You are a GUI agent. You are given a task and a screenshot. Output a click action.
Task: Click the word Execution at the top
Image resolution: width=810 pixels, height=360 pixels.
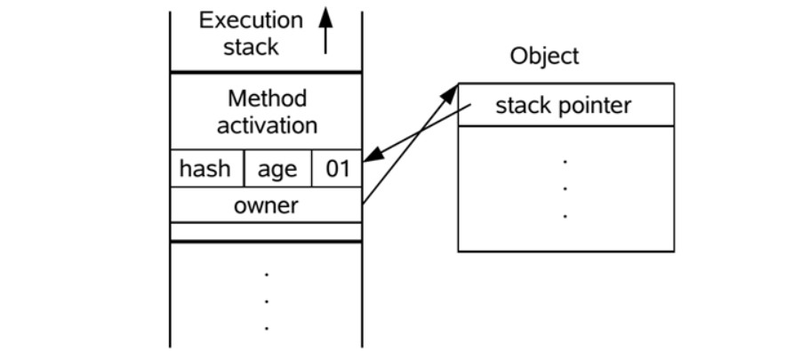coord(251,20)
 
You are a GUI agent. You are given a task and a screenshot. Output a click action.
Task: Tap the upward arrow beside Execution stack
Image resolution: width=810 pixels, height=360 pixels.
coord(325,30)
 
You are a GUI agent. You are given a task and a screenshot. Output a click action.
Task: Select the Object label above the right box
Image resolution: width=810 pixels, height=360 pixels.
coord(544,56)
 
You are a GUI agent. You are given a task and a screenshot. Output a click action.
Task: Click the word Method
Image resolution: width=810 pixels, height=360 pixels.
coord(267,98)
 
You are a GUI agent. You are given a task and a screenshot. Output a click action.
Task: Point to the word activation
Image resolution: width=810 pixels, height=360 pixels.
coord(267,125)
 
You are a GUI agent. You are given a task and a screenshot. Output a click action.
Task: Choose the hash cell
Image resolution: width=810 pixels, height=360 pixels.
coord(205,169)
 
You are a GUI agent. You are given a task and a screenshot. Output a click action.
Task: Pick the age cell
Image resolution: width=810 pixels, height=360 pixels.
coord(277,169)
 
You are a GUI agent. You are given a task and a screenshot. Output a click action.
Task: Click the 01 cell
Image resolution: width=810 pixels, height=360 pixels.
coord(337,169)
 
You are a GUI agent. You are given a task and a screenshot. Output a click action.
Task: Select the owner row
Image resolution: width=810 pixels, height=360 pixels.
coord(266,206)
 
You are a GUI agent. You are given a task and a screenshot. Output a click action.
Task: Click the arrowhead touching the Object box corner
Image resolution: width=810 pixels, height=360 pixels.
coord(452,91)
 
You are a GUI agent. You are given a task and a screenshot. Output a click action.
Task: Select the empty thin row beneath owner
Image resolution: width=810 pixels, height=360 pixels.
coord(266,231)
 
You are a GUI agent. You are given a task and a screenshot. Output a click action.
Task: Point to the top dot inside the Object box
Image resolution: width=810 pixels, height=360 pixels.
coord(565,162)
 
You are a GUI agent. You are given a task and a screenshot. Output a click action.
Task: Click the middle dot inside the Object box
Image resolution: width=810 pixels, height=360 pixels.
coord(565,188)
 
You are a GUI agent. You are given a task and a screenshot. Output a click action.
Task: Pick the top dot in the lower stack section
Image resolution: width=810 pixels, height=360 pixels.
coord(266,275)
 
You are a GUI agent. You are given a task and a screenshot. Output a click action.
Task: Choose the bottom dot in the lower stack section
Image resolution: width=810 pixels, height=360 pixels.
coord(266,329)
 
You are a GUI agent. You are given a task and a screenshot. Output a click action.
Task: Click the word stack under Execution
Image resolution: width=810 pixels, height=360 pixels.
coord(251,47)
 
